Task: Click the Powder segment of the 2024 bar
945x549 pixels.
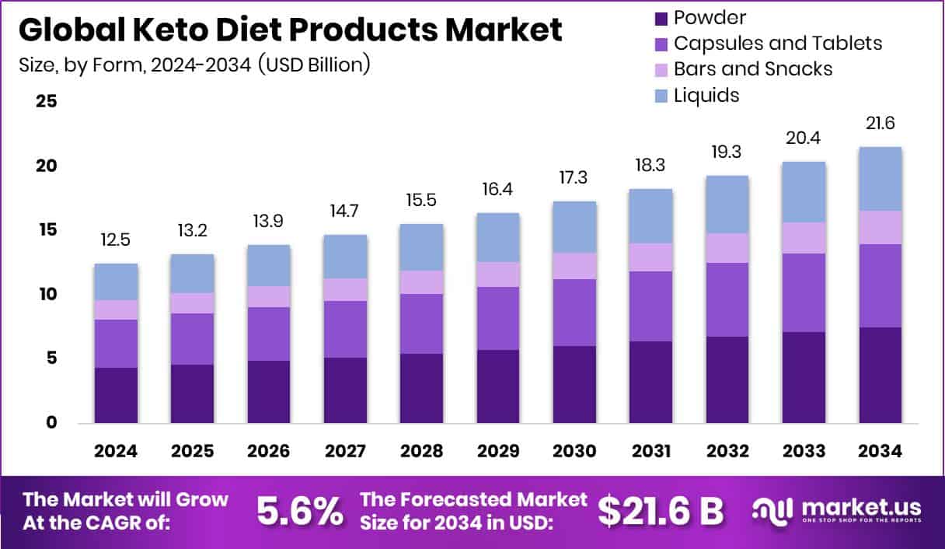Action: coord(117,395)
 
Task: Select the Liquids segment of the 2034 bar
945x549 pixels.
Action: coord(880,179)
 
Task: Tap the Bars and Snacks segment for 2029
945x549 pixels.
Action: coord(498,274)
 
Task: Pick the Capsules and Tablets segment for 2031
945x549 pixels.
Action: coord(651,306)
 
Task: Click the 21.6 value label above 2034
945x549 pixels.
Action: coord(880,124)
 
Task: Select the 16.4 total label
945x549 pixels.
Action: coord(498,190)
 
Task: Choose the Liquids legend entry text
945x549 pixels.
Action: coord(706,95)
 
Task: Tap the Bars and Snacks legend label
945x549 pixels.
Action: coord(752,68)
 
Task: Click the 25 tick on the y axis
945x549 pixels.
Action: coord(46,102)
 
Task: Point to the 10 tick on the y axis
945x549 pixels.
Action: coord(46,294)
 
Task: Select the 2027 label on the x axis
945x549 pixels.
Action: coord(345,451)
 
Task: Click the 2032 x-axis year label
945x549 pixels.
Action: coord(727,451)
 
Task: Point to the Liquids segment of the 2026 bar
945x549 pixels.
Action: coord(269,265)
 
